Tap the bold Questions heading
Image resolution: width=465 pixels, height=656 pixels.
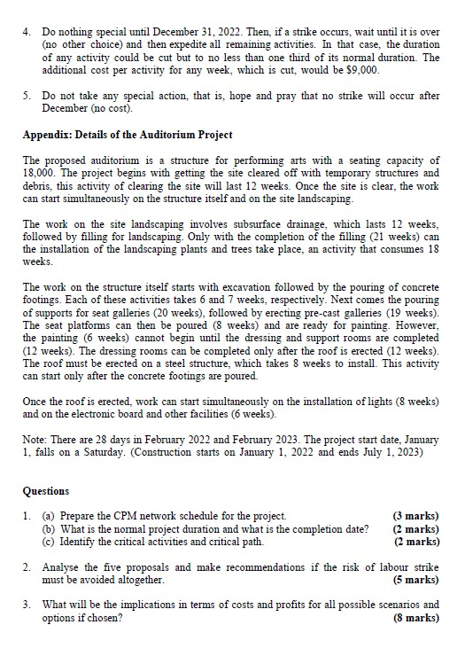coord(47,490)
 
